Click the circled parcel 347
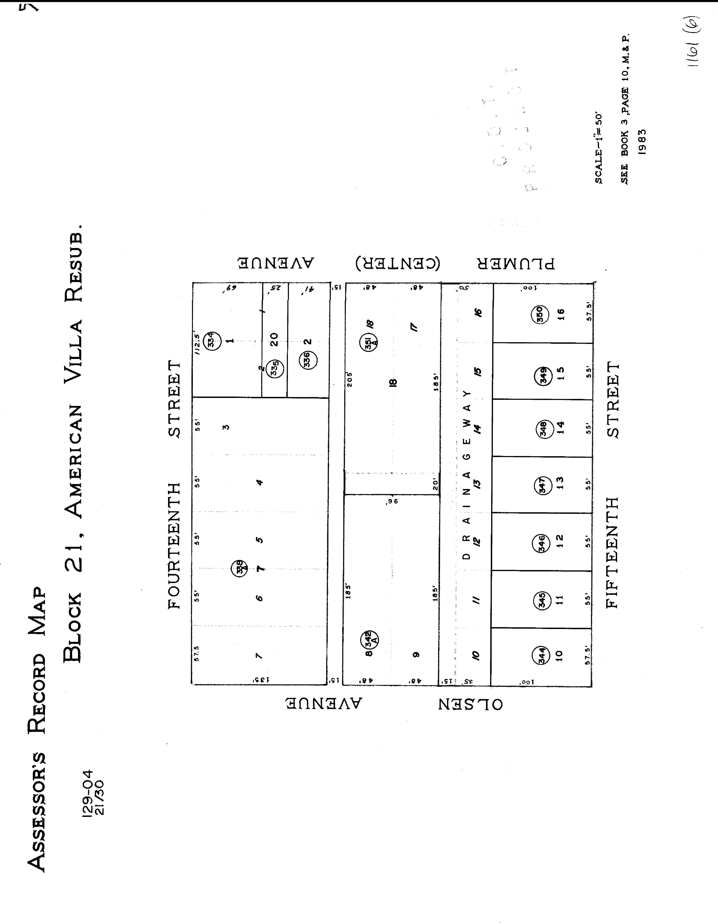point(543,485)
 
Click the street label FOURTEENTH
point(174,546)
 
